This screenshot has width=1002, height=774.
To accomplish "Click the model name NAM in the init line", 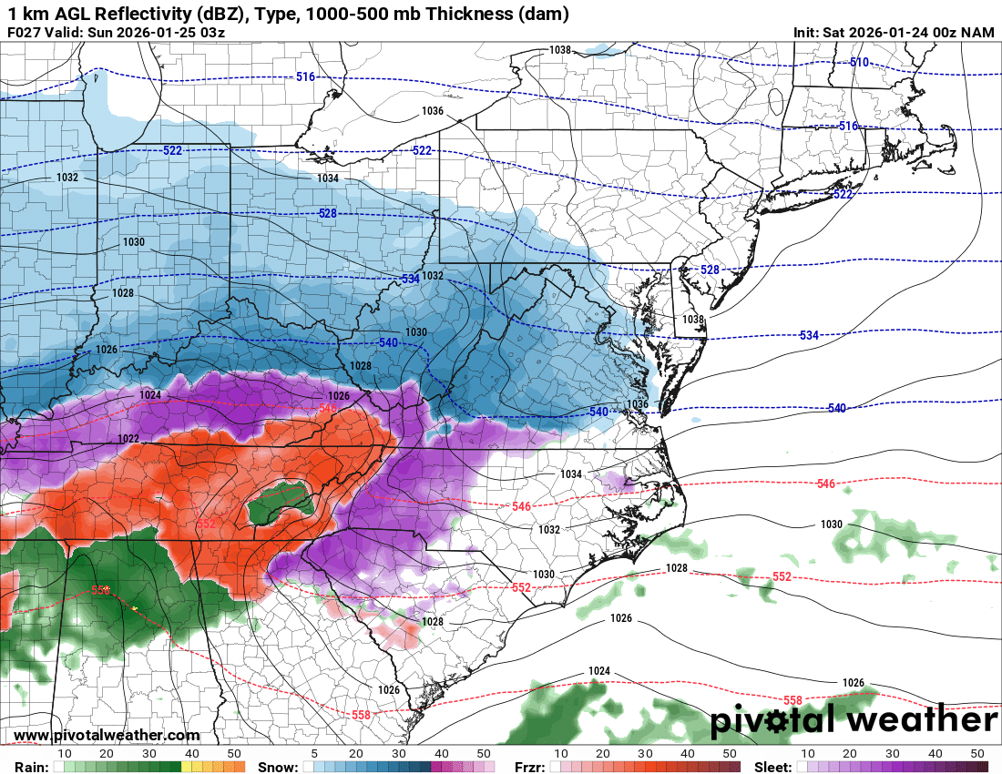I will coord(978,33).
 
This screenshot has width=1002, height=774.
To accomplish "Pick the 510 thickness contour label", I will coord(859,62).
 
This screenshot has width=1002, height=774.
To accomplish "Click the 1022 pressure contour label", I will coord(128,439).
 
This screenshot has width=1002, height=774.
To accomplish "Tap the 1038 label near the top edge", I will coord(560,50).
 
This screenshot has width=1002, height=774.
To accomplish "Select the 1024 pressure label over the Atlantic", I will coord(598,671).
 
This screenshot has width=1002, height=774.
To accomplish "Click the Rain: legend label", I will coord(29,767).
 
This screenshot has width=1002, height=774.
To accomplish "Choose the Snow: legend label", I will coord(277,767).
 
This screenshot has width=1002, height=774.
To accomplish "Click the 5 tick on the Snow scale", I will coord(313,754).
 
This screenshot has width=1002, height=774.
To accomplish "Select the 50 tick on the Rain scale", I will coord(234,754).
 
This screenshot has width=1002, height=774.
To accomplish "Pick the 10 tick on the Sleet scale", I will coord(807,754).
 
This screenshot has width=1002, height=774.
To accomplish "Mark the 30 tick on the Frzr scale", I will coord(645,754).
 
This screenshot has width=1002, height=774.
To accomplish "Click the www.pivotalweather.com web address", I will coord(107,735).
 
